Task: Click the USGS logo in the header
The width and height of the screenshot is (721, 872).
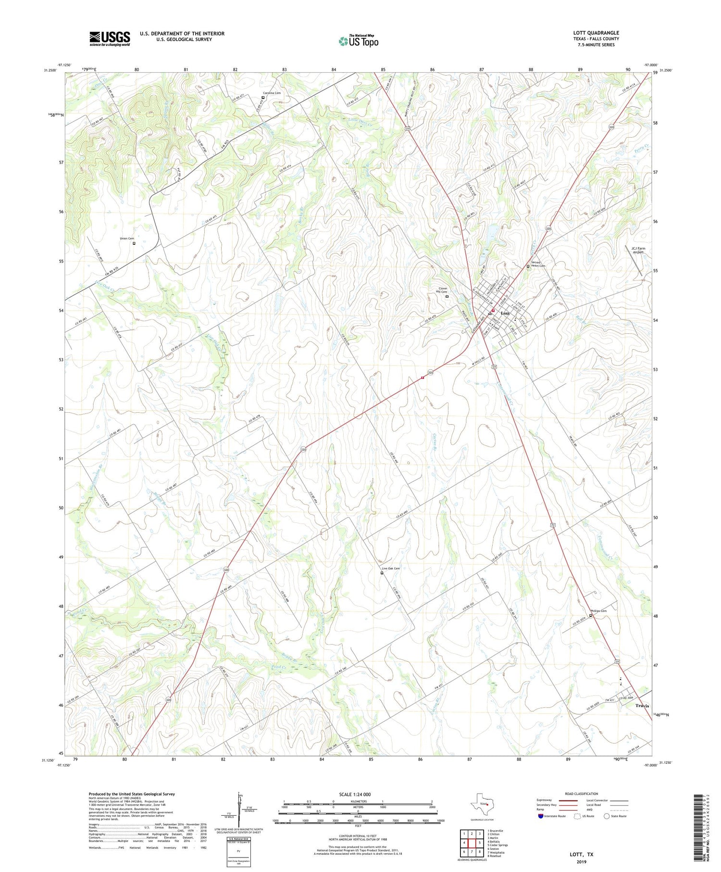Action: pos(110,38)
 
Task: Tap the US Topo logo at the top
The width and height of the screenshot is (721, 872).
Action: pos(359,41)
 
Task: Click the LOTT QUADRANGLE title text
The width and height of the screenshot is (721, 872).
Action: pos(596,33)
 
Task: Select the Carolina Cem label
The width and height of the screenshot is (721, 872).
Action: pos(272,93)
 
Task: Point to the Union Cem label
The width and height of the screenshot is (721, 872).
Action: pos(127,239)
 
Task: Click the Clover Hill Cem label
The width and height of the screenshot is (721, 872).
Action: pos(441,290)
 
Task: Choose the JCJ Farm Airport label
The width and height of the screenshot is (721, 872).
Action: pos(638,250)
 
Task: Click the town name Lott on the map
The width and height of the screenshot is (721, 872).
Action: pos(505,313)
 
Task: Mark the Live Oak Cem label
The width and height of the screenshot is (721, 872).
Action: pos(390,569)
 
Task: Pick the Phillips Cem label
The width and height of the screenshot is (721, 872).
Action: pos(598,611)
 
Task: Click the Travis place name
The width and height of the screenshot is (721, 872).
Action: pos(642,706)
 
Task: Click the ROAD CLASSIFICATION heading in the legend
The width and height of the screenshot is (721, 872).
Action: pos(582,794)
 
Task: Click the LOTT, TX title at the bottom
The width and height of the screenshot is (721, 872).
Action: pos(581,855)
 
